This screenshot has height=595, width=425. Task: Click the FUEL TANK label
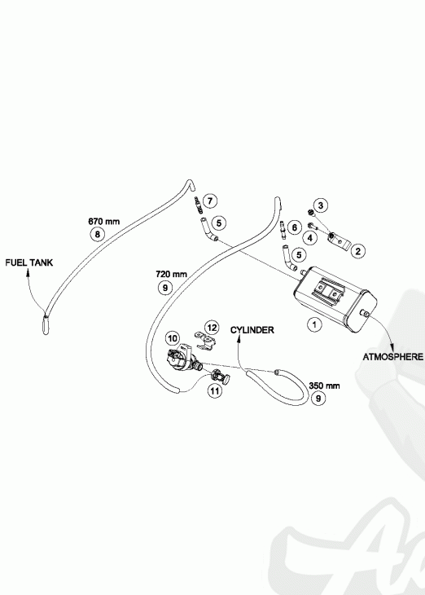pyautogui.click(x=29, y=262)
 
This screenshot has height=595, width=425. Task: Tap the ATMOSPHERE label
pyautogui.click(x=393, y=357)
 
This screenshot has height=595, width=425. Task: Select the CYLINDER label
pyautogui.click(x=252, y=330)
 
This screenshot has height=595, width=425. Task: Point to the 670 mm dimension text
pyautogui.click(x=104, y=221)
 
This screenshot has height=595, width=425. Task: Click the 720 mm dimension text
pyautogui.click(x=171, y=274)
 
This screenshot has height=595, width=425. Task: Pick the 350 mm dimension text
pyautogui.click(x=324, y=386)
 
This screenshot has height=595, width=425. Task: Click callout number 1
pyautogui.click(x=314, y=325)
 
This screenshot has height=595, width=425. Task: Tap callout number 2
pyautogui.click(x=358, y=250)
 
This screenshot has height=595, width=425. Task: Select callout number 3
pyautogui.click(x=321, y=205)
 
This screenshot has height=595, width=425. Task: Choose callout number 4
pyautogui.click(x=310, y=238)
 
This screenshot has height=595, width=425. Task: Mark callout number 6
pyautogui.click(x=294, y=227)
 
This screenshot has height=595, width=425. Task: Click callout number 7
pyautogui.click(x=210, y=201)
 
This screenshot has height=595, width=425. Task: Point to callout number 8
pyautogui.click(x=98, y=234)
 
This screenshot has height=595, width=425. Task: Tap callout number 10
pyautogui.click(x=173, y=338)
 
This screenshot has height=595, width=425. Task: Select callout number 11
pyautogui.click(x=215, y=391)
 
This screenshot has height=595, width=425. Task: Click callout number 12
pyautogui.click(x=212, y=328)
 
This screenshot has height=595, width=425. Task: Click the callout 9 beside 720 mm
pyautogui.click(x=165, y=287)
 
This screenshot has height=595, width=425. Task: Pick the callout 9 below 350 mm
pyautogui.click(x=318, y=398)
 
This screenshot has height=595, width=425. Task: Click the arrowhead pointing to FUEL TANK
pyautogui.click(x=28, y=271)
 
